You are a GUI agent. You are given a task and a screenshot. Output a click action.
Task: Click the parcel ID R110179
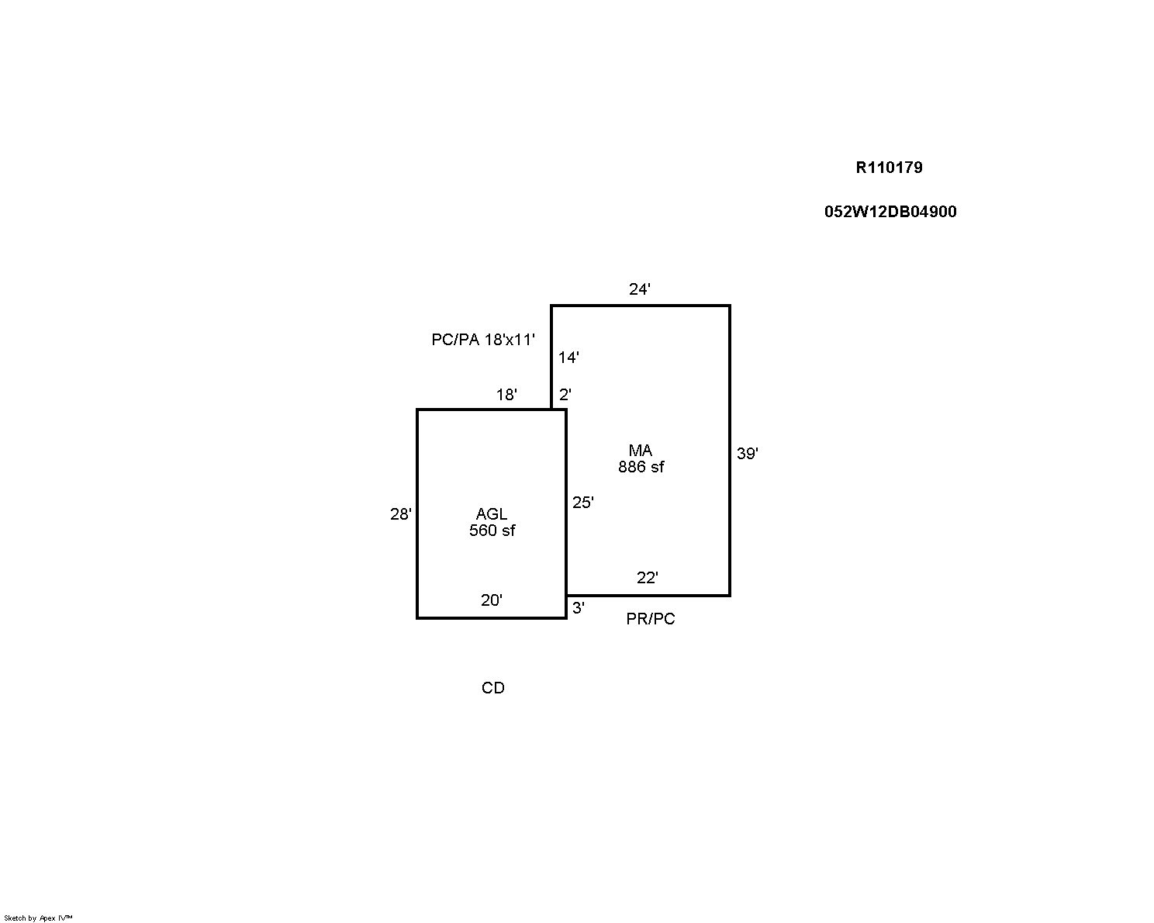tap(889, 168)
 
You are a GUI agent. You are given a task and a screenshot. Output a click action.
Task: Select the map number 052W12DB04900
tap(890, 212)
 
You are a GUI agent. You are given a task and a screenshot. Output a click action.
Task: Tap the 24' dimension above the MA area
tap(640, 289)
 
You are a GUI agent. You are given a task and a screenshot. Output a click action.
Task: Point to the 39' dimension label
tap(748, 454)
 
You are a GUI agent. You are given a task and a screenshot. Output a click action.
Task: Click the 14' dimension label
tap(569, 358)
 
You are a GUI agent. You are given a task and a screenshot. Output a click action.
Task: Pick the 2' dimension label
tap(565, 395)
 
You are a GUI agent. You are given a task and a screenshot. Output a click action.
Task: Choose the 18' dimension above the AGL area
tap(506, 396)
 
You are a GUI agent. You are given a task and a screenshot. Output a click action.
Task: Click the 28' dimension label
tap(401, 514)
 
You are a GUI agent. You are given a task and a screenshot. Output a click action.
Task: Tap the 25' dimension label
tap(583, 503)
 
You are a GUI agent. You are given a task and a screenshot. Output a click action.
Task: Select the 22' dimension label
tap(648, 578)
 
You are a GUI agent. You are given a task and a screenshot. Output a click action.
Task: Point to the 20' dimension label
tap(492, 600)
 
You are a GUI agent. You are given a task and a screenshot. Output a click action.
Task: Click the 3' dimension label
tap(579, 608)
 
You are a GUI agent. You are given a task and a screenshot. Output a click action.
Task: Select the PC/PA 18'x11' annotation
tap(483, 340)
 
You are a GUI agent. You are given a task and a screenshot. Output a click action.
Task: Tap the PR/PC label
tap(651, 619)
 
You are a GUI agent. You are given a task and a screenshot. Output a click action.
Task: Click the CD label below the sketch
tap(492, 688)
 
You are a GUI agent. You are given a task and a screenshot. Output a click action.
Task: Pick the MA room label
tap(641, 451)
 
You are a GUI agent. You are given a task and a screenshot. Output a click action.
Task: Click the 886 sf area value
tap(641, 467)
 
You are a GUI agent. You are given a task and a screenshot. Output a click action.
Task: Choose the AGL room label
tap(492, 514)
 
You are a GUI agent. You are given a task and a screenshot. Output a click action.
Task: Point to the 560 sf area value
tap(492, 531)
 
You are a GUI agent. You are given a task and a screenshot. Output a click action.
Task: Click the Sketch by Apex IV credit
tap(38, 918)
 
